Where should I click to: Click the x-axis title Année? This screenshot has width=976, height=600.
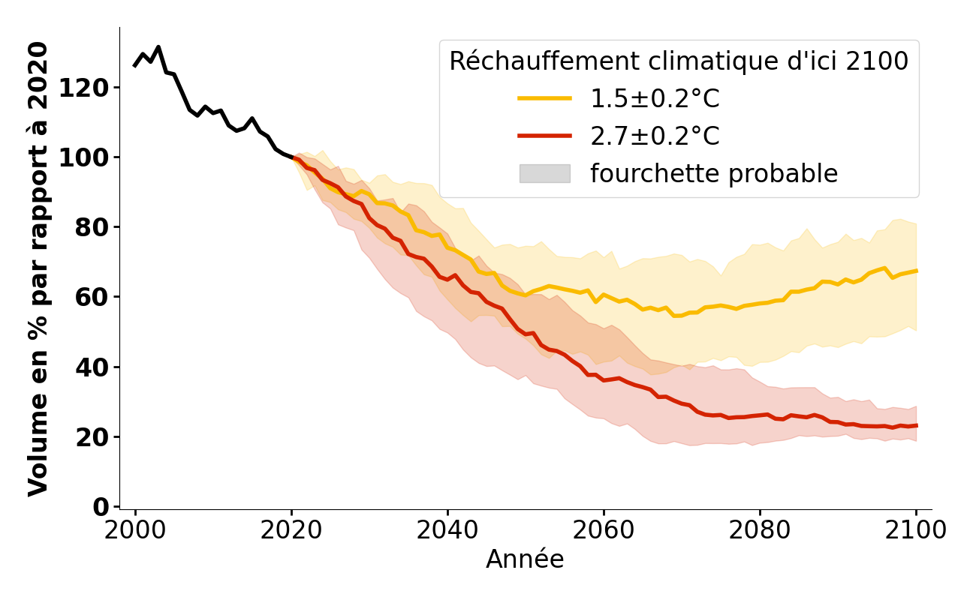click(525, 559)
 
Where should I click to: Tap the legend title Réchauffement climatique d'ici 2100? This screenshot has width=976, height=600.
click(679, 61)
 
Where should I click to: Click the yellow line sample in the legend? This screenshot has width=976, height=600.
click(544, 98)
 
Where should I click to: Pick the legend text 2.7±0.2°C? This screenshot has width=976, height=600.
click(655, 136)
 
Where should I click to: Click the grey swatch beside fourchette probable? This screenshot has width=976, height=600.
click(544, 173)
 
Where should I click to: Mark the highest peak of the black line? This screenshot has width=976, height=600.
click(158, 47)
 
